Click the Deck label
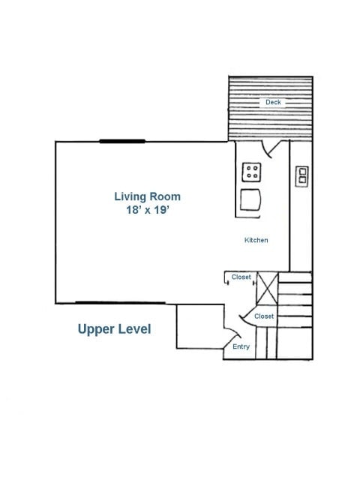[273, 102]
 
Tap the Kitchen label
[256, 240]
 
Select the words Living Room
[147, 196]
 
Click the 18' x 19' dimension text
[148, 210]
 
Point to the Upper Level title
[114, 329]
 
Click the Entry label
[241, 346]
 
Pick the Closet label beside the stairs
[264, 316]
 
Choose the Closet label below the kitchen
[241, 277]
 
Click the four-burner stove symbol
[252, 172]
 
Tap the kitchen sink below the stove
[250, 199]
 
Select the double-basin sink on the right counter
[301, 177]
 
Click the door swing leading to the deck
[267, 150]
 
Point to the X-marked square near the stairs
[267, 288]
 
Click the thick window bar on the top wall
[122, 141]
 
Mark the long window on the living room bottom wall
[120, 303]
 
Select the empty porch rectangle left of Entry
[200, 326]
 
